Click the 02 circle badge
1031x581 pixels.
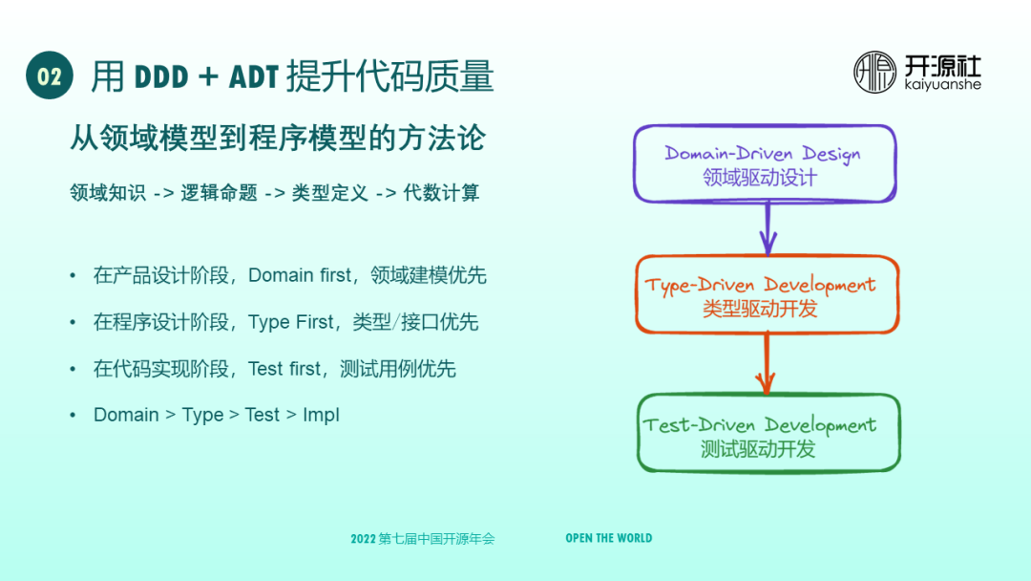(x=50, y=75)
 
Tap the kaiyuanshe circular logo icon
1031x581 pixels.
(x=874, y=73)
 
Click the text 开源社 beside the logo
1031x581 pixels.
(x=942, y=66)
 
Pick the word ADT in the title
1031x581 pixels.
(x=254, y=76)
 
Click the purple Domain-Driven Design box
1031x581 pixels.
(x=765, y=163)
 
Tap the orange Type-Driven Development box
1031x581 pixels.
(x=767, y=294)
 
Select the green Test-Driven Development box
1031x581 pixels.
(x=768, y=434)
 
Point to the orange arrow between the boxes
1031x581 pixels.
(x=766, y=364)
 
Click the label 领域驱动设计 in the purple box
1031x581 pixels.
(x=760, y=178)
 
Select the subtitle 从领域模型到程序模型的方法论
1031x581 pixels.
(x=278, y=139)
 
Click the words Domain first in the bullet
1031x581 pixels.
(x=300, y=276)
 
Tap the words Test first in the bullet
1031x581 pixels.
(x=284, y=369)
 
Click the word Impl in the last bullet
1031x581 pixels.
(x=321, y=415)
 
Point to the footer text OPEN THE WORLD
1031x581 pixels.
(x=608, y=538)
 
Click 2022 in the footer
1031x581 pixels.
(x=363, y=539)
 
